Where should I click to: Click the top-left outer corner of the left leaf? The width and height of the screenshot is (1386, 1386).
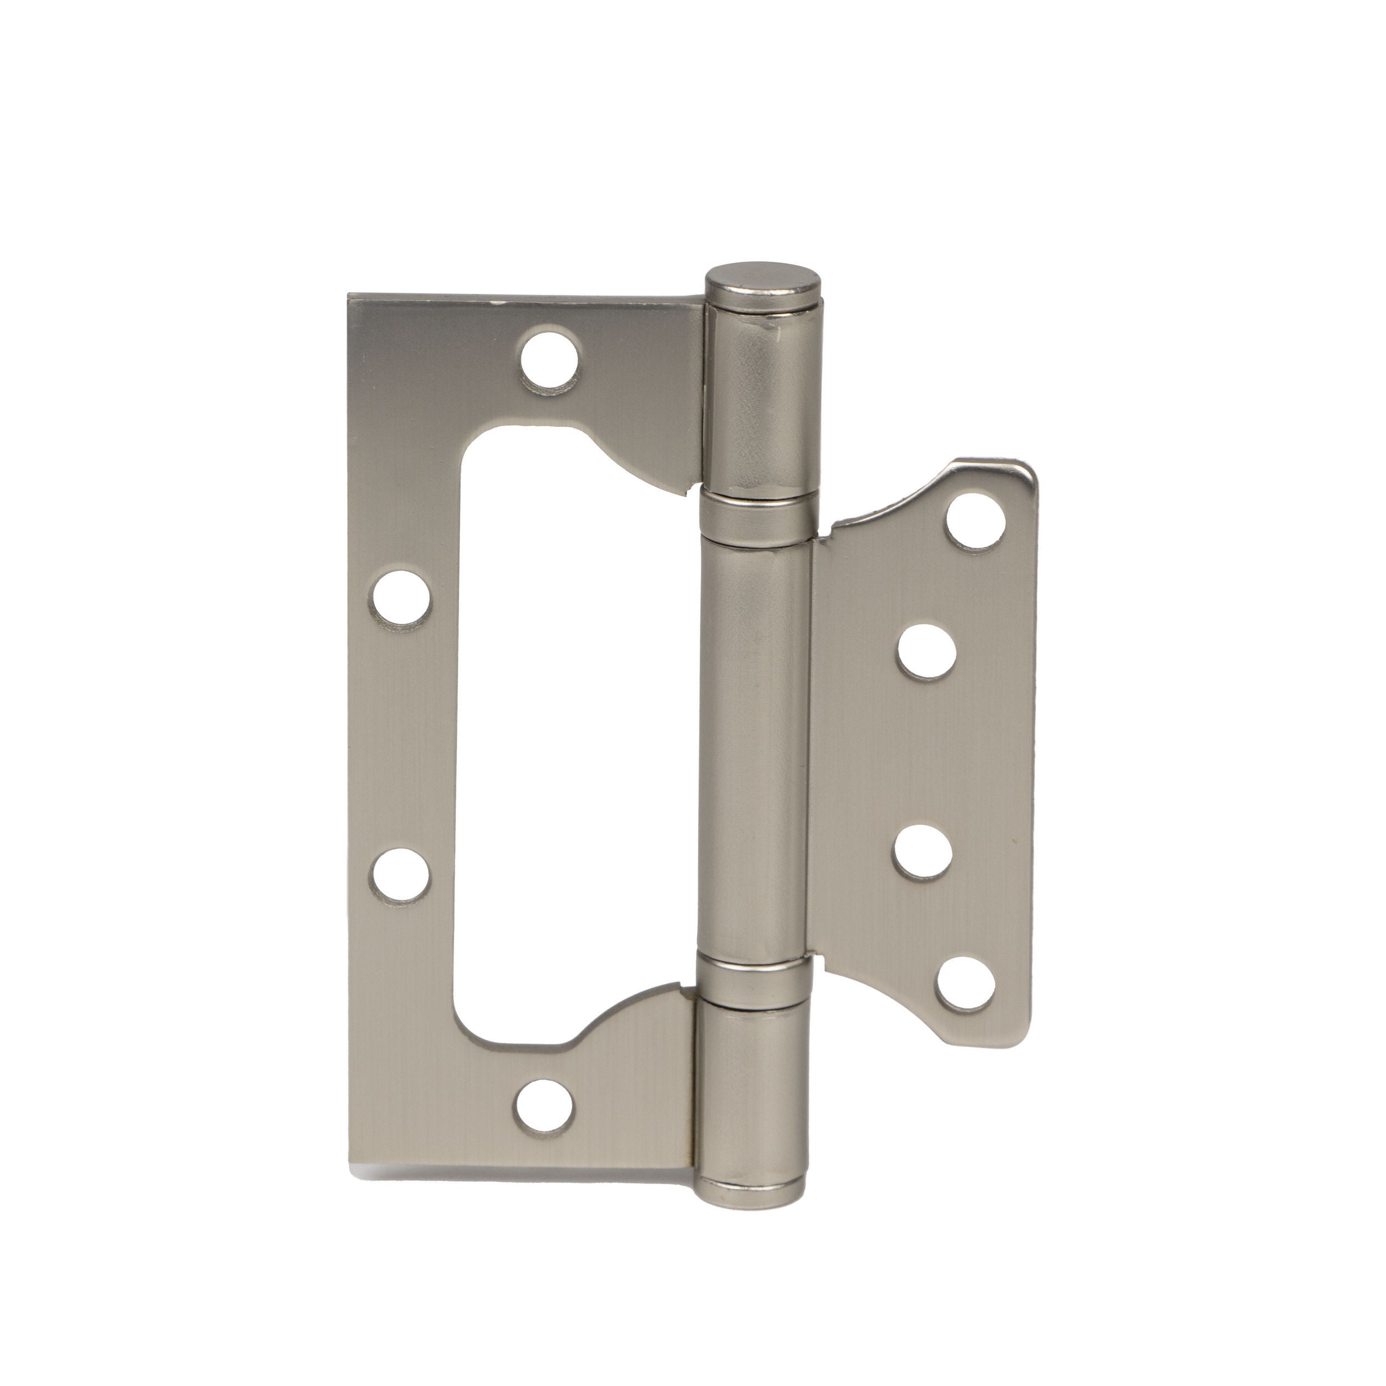click(x=351, y=295)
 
